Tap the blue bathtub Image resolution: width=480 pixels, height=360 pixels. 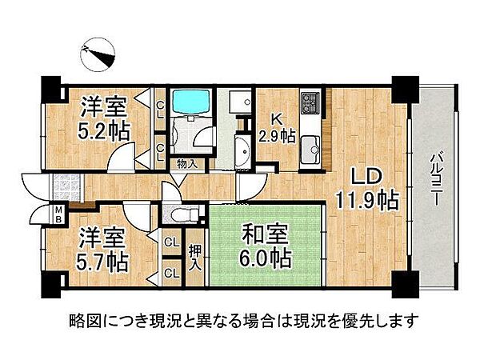(190, 101)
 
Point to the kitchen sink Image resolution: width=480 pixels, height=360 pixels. (310, 146)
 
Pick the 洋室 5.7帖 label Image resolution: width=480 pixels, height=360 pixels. (102, 250)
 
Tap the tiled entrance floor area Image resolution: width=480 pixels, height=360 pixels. (61, 189)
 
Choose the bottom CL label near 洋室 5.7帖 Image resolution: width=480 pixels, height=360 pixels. (170, 272)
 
